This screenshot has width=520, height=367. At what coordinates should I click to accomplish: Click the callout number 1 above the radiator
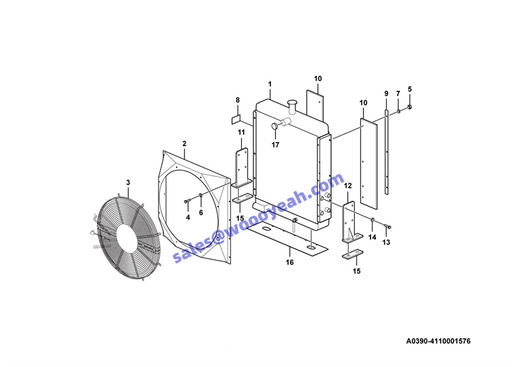pos(270,84)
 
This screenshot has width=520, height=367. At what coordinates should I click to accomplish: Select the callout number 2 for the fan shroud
pos(185,144)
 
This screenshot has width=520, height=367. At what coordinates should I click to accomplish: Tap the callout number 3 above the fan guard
pos(128,183)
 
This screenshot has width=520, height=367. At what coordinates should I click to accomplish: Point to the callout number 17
pos(275,145)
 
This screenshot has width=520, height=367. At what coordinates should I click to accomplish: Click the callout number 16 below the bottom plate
pos(289,262)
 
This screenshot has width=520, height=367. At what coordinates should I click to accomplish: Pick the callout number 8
pos(237,100)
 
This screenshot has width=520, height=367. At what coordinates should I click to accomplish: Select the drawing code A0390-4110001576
pos(438,341)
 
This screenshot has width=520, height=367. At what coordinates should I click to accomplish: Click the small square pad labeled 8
pos(236,119)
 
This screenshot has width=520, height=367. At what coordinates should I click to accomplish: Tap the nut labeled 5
pos(409,107)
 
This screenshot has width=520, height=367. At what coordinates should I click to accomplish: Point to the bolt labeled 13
pos(387,227)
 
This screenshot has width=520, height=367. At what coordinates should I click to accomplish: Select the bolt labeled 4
pos(187,201)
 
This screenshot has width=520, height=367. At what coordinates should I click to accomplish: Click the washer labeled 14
pos(372,220)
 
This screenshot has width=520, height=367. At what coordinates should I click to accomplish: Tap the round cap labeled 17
pos(275,126)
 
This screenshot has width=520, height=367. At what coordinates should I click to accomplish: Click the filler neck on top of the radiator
pos(292,107)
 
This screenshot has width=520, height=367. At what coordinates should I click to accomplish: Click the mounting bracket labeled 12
pos(350,221)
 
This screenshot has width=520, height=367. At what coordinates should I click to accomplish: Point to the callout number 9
pos(386,94)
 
